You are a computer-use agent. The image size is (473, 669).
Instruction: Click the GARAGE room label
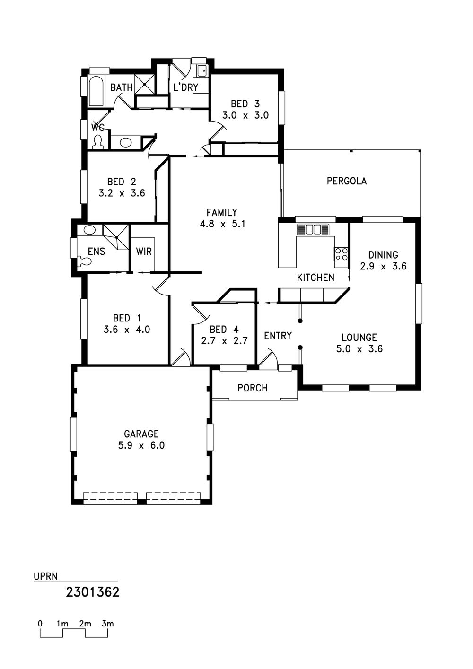pyautogui.click(x=141, y=434)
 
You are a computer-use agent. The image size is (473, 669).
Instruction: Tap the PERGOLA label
pyautogui.click(x=347, y=181)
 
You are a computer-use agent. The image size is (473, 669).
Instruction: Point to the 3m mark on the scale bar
pyautogui.click(x=107, y=624)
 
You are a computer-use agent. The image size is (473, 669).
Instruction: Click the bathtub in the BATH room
pyautogui.click(x=96, y=91)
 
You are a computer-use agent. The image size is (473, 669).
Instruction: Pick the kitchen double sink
pyautogui.click(x=313, y=229)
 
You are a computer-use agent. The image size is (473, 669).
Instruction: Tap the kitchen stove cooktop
pyautogui.click(x=341, y=254)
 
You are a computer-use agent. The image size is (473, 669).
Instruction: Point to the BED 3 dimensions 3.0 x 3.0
pyautogui.click(x=245, y=115)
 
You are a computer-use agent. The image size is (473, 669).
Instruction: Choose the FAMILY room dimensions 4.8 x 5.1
pyautogui.click(x=222, y=224)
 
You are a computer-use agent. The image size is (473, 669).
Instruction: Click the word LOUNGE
pyautogui.click(x=359, y=338)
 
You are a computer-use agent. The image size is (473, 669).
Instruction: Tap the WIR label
pyautogui.click(x=144, y=251)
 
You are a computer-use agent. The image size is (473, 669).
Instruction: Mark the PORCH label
pyautogui.click(x=253, y=388)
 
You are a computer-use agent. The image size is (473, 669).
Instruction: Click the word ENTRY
pyautogui.click(x=278, y=336)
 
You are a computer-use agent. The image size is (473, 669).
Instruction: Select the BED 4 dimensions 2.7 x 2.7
pyautogui.click(x=224, y=341)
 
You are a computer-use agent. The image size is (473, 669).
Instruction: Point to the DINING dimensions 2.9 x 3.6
pyautogui.click(x=383, y=266)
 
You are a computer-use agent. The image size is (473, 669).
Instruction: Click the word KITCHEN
pyautogui.click(x=315, y=278)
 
